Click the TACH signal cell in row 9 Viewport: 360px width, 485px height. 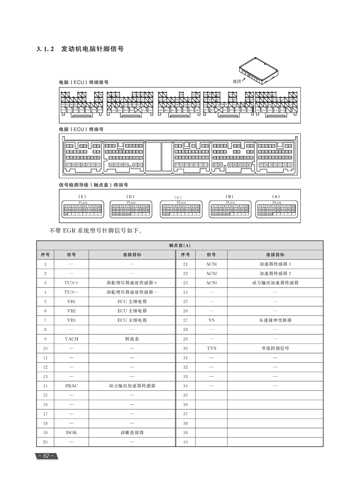[x=71, y=339]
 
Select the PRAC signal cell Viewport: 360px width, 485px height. [x=71, y=386]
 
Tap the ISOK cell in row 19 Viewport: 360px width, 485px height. [x=71, y=433]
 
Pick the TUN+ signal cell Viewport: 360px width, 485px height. [x=71, y=283]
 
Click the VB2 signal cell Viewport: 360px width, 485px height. [x=71, y=311]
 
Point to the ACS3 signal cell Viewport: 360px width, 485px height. [x=211, y=283]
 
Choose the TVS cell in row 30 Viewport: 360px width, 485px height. [x=211, y=348]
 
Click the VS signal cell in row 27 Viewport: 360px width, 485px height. [x=211, y=320]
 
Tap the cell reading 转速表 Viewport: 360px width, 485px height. [x=132, y=339]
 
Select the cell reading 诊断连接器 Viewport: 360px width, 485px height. [x=132, y=433]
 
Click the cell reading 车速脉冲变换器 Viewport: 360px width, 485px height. [x=275, y=320]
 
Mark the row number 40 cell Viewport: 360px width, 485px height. [x=185, y=442]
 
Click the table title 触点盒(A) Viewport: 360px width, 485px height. [x=180, y=245]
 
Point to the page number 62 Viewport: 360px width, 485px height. [x=46, y=456]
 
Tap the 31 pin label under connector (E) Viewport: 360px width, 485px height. [x=83, y=203]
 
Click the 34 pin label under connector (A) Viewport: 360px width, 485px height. [x=276, y=203]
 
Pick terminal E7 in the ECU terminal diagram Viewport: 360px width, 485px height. [x=69, y=165]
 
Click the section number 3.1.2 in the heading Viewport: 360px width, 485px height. [x=45, y=49]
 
